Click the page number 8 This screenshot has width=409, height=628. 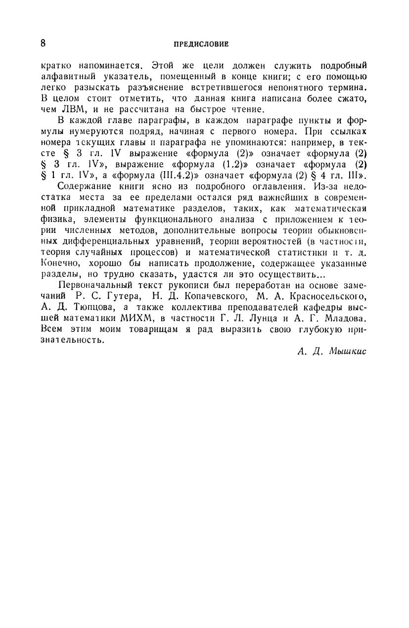(x=44, y=43)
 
